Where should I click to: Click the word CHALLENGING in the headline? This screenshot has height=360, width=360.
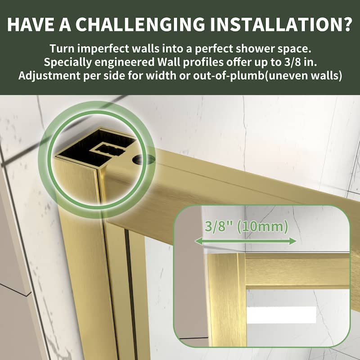click(x=140, y=24)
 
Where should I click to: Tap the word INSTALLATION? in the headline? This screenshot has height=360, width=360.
click(x=281, y=24)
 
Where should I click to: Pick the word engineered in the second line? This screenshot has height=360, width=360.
click(x=125, y=62)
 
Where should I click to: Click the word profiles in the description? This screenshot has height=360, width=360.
click(x=203, y=62)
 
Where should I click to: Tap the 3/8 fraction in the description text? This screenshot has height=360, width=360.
click(x=292, y=62)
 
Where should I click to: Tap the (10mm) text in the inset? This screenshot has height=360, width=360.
click(x=262, y=226)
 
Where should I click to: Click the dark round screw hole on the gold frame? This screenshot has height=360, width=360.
click(x=142, y=159)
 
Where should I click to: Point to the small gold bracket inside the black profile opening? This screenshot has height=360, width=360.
click(x=108, y=149)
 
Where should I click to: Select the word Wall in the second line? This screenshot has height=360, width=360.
click(x=169, y=62)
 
